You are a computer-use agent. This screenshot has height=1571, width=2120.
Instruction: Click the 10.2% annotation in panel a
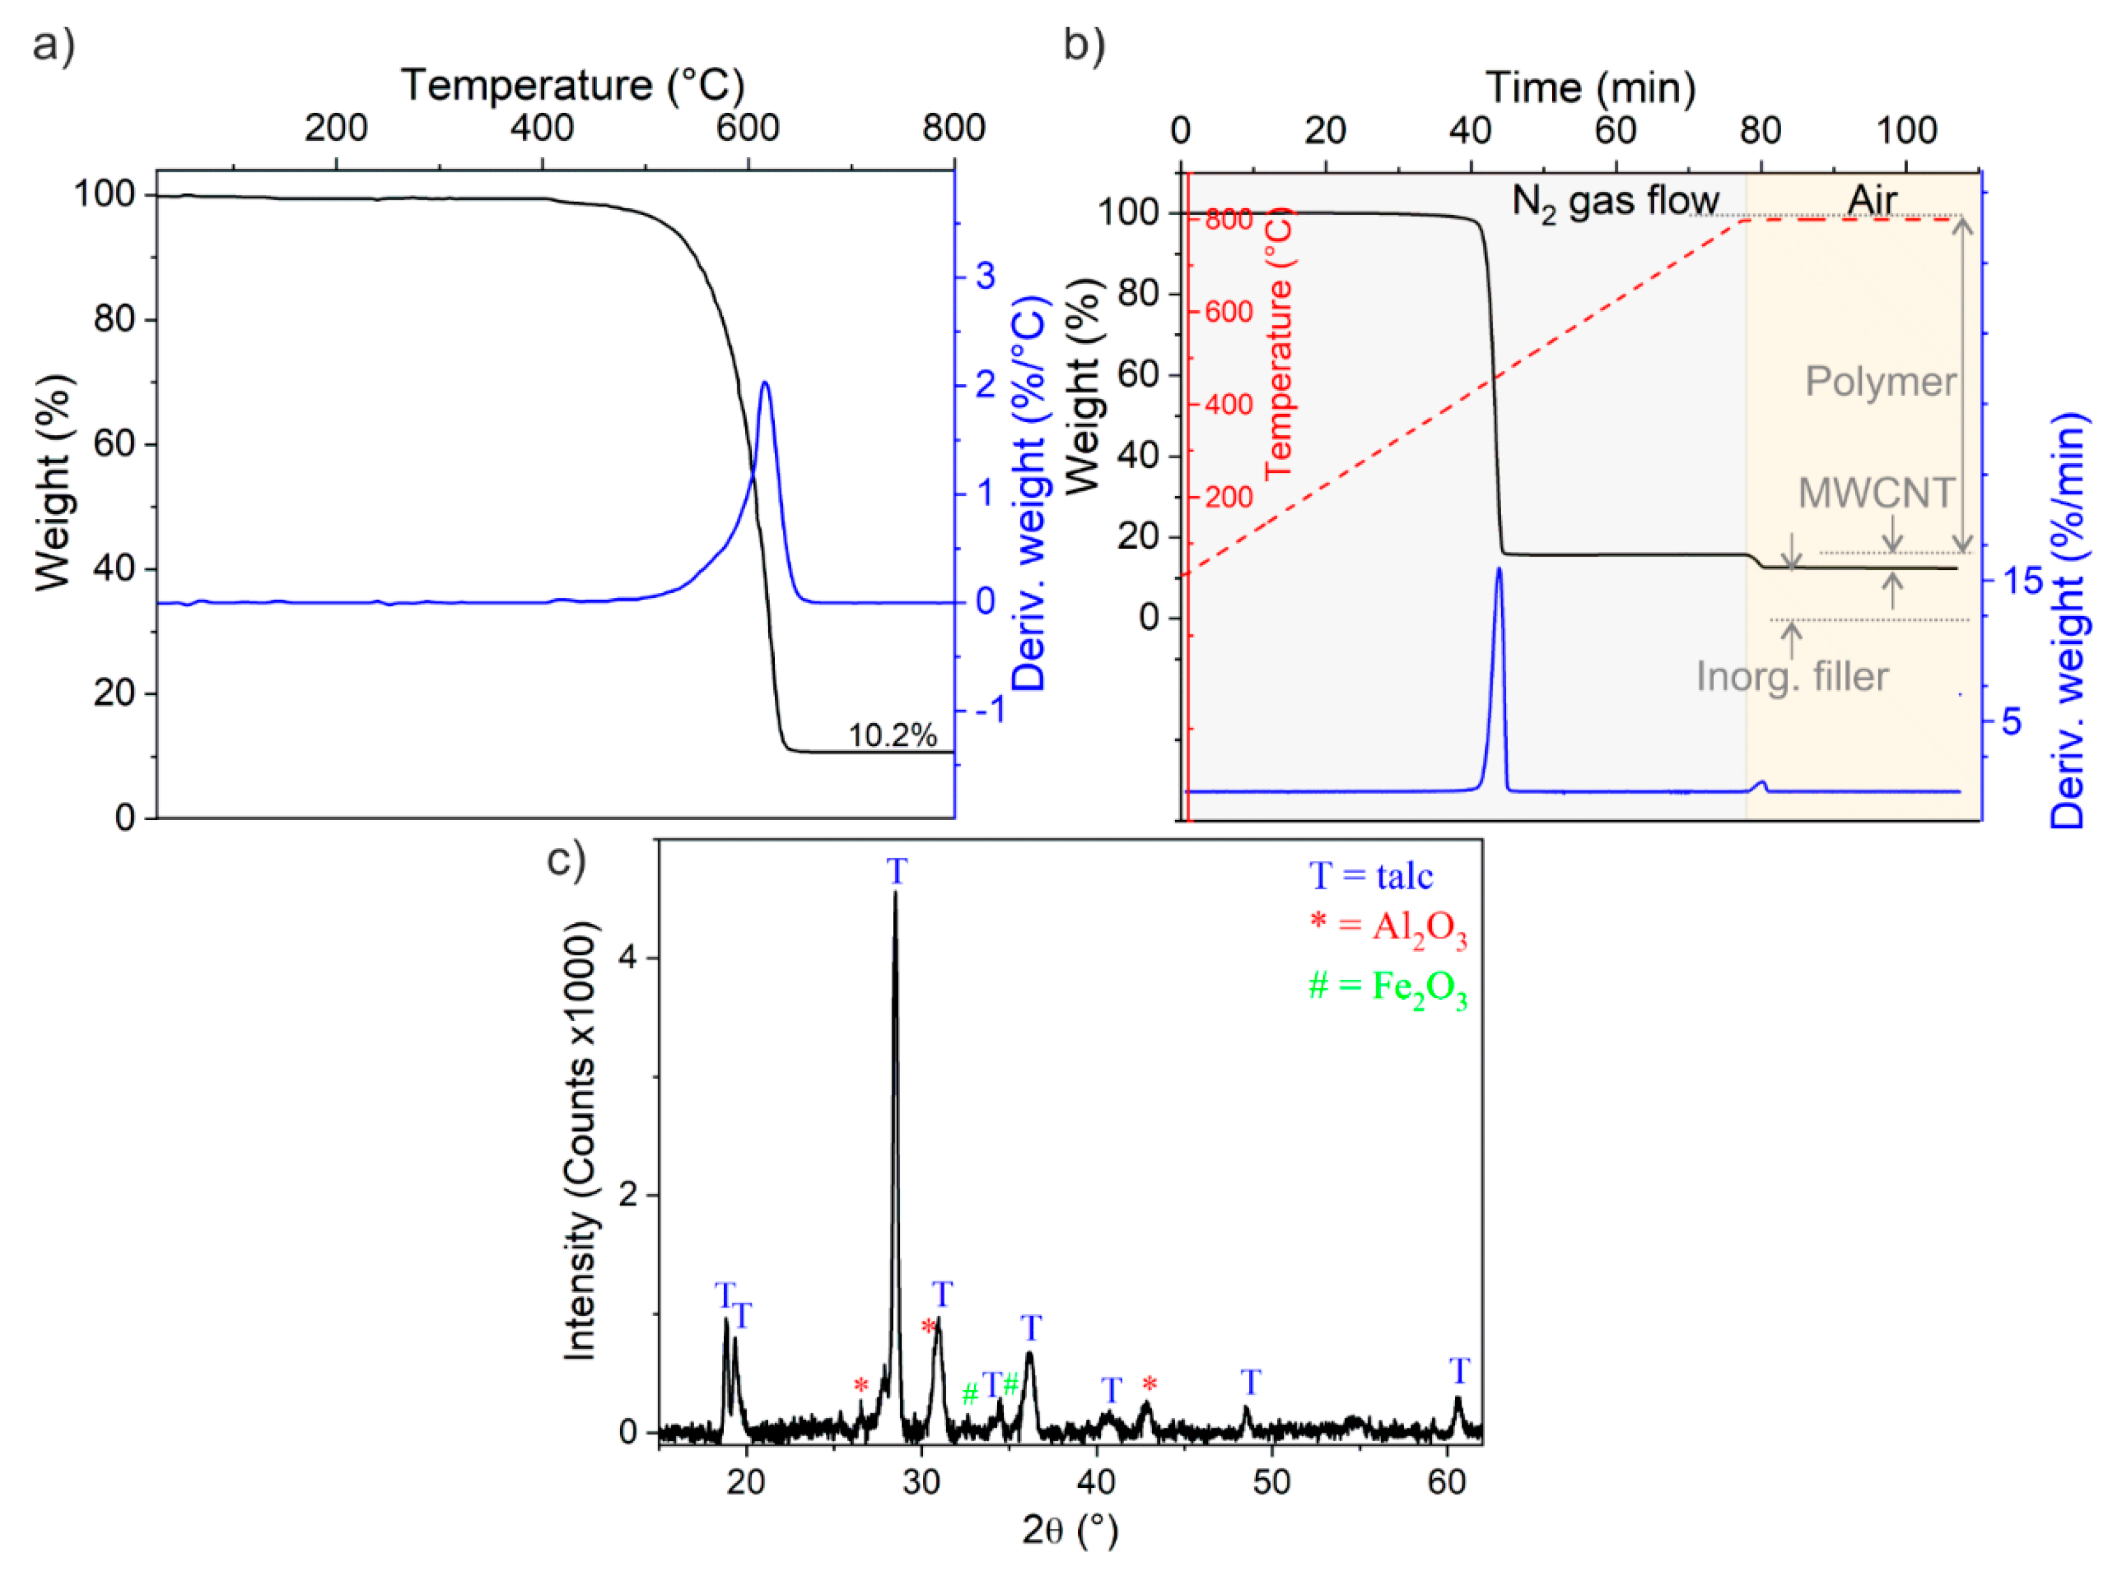[x=891, y=735]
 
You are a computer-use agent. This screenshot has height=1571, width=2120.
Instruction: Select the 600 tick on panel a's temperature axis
[x=748, y=127]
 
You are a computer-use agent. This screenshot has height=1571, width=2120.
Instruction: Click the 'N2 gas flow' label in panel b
[x=1615, y=202]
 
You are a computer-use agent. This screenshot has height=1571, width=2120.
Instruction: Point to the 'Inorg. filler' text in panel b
[x=1792, y=677]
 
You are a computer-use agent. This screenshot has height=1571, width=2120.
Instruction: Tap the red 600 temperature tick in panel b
[x=1229, y=312]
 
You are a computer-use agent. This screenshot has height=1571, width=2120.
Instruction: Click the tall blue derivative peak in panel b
[x=1499, y=571]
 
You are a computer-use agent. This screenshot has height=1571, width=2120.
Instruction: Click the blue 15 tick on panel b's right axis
[x=2022, y=580]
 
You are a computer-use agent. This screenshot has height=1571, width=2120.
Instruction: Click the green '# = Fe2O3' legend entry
[x=1386, y=986]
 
